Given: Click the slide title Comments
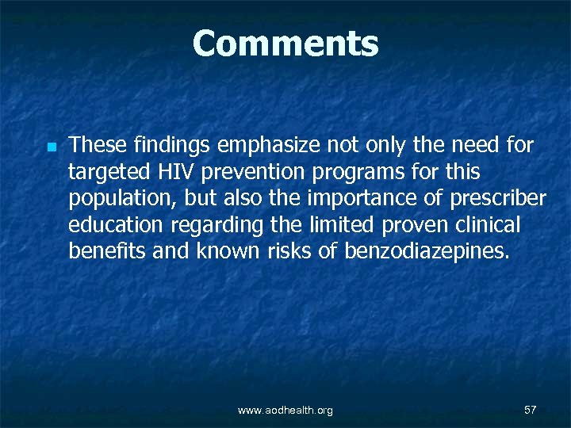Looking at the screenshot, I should pos(285,44).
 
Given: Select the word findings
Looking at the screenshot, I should pos(170,145).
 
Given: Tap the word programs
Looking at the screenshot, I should pos(341,172).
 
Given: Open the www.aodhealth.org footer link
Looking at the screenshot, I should pos(285,410).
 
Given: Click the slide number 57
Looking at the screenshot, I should pos(531,410).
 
